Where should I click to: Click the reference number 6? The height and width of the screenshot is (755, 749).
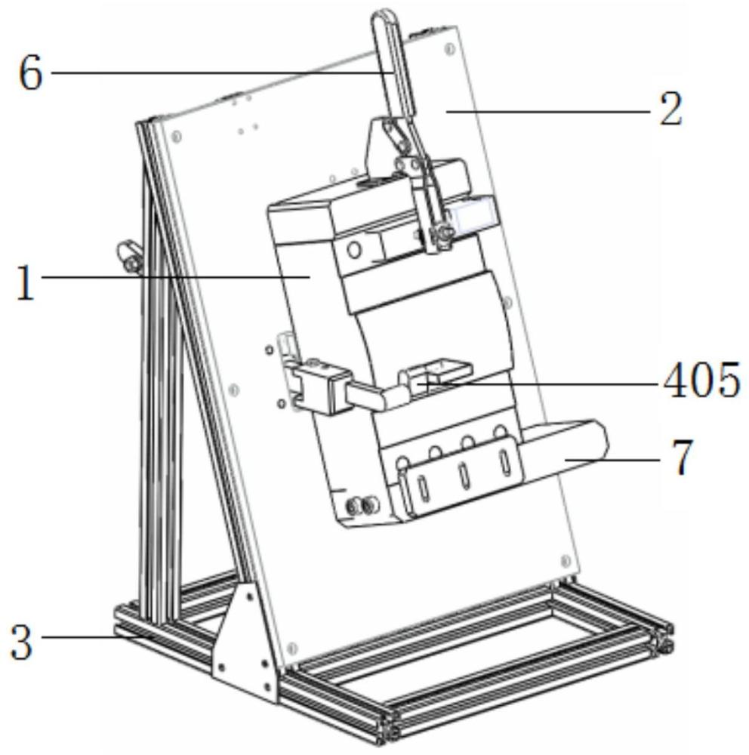click(x=30, y=73)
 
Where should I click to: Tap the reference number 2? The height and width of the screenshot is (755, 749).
click(x=670, y=109)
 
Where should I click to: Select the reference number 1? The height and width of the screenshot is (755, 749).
click(x=26, y=284)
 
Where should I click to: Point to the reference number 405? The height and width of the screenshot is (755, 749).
click(x=701, y=381)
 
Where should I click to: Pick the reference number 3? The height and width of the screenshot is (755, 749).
click(x=22, y=643)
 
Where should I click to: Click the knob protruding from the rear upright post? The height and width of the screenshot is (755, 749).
click(x=128, y=256)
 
